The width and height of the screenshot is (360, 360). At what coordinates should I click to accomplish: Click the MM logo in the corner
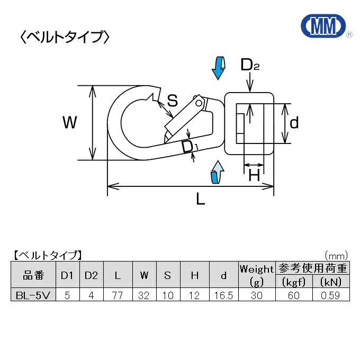click(322, 25)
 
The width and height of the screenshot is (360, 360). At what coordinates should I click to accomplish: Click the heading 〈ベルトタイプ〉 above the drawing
click(65, 37)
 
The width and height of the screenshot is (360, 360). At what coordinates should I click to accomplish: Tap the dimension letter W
click(69, 123)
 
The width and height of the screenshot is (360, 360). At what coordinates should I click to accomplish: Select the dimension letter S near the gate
click(172, 100)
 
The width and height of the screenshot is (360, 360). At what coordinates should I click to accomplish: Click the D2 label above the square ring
click(249, 65)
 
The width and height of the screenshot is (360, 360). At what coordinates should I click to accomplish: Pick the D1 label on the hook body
click(189, 147)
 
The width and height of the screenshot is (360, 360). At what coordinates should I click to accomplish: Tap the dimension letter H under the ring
click(254, 175)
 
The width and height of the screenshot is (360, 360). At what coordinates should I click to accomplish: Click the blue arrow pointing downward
click(218, 68)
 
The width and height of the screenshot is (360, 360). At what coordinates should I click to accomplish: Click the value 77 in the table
click(118, 295)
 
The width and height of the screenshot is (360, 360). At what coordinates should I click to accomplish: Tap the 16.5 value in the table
click(223, 295)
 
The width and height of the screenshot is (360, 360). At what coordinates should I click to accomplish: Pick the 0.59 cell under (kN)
click(331, 295)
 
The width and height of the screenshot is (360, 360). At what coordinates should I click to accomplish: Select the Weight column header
click(257, 269)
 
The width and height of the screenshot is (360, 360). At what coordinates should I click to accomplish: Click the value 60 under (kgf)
click(294, 295)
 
